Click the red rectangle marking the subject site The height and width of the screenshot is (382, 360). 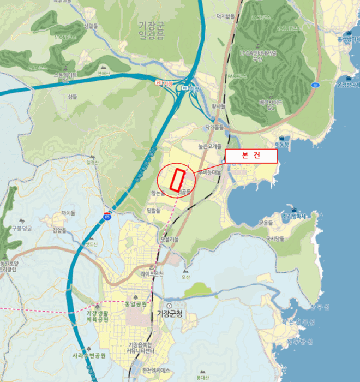coord(177,180)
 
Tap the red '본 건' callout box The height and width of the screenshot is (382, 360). coord(251,156)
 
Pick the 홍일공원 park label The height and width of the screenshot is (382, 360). coord(136,304)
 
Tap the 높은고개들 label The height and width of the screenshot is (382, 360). coord(209,147)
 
